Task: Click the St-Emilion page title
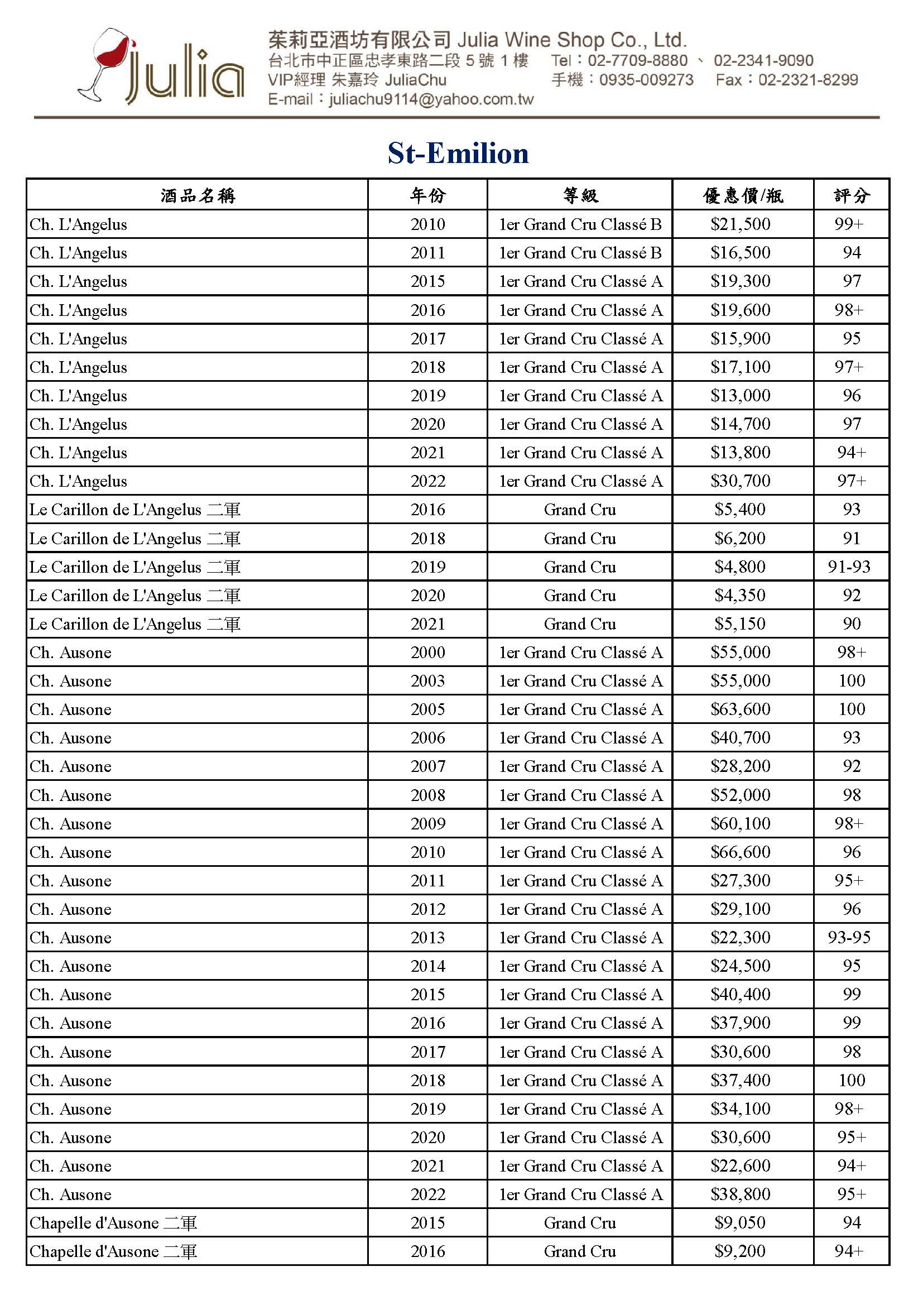458,153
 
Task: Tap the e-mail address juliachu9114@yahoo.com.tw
431,99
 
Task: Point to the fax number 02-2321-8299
807,80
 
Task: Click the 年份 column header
427,195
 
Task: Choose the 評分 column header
851,195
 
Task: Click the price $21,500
740,224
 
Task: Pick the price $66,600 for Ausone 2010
740,851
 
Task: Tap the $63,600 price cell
740,709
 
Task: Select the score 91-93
849,567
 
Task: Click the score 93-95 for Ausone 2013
849,937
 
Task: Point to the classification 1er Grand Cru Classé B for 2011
580,252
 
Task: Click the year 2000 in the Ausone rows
427,652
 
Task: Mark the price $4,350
740,595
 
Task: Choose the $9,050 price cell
740,1222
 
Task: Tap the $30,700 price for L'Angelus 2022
740,481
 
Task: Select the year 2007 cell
427,766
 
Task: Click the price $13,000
740,395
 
